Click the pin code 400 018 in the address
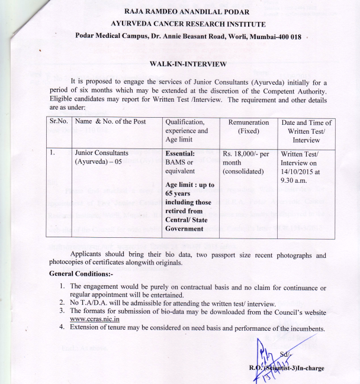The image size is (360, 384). pyautogui.click(x=287, y=37)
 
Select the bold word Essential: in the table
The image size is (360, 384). pyautogui.click(x=182, y=153)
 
